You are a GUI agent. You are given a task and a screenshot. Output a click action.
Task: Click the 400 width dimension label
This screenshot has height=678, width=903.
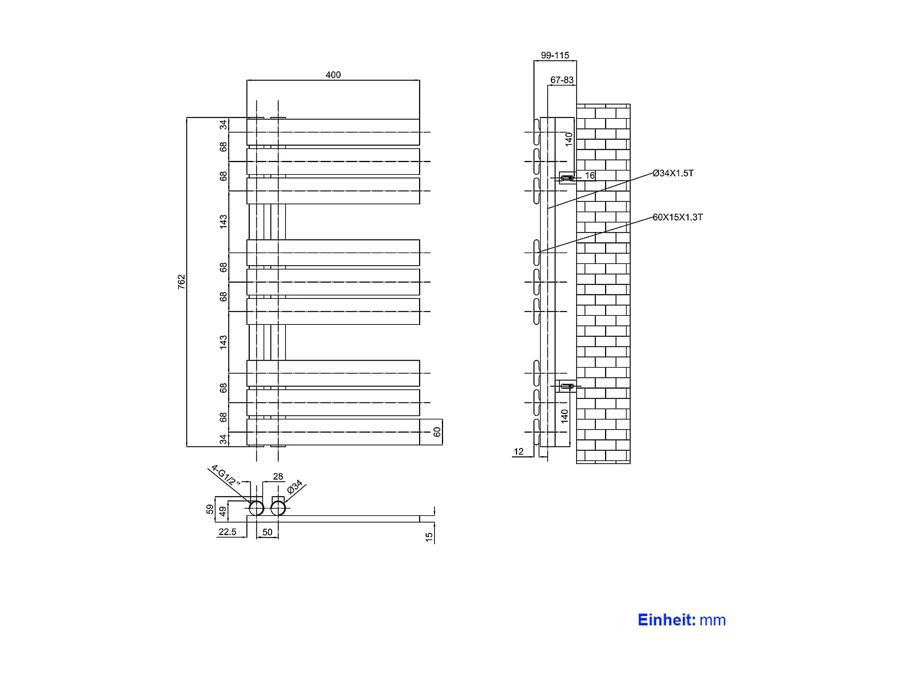(x=333, y=75)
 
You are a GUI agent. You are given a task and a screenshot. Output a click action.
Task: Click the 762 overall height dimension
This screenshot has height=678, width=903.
(x=182, y=281)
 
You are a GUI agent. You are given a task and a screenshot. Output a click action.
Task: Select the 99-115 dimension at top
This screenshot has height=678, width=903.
(x=554, y=55)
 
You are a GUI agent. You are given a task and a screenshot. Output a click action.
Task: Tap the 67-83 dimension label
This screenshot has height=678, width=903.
(x=562, y=80)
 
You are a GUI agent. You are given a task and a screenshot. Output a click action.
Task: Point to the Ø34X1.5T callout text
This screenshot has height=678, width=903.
(x=673, y=174)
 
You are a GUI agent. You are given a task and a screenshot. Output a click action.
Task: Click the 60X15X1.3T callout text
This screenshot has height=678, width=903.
(x=677, y=217)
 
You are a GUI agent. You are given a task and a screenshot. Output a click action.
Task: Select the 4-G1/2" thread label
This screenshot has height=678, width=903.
(x=226, y=476)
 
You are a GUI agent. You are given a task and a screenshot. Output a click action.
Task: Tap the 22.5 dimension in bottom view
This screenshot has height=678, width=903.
(x=228, y=532)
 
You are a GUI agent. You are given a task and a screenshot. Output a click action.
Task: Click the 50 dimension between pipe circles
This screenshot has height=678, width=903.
(x=267, y=532)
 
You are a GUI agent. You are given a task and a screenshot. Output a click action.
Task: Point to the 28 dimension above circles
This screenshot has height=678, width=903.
(x=278, y=477)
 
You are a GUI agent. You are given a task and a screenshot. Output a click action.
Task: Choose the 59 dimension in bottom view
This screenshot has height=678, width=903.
(x=209, y=509)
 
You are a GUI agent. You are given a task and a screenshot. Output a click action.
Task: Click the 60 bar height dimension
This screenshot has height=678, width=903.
(x=437, y=432)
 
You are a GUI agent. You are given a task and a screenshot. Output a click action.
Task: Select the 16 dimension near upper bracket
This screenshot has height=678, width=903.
(x=590, y=176)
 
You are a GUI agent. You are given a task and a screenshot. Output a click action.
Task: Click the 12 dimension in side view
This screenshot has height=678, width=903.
(x=519, y=451)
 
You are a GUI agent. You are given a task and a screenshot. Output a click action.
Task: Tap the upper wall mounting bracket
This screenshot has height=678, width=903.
(x=567, y=178)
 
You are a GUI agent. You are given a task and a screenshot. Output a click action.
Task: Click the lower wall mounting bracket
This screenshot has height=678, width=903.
(x=567, y=386)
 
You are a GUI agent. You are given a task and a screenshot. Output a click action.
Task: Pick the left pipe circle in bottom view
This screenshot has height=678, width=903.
(x=256, y=508)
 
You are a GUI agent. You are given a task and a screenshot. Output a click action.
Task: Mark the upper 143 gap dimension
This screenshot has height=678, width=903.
(x=223, y=221)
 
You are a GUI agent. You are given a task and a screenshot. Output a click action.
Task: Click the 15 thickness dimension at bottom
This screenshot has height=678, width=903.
(x=429, y=537)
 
